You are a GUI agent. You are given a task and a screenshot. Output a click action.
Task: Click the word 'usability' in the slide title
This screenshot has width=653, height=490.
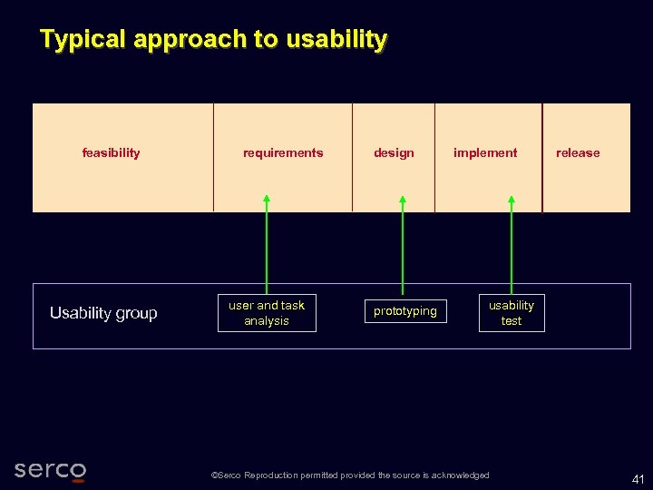[x=336, y=40]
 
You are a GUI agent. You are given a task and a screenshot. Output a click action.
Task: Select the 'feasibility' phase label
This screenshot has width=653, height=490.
[x=111, y=153]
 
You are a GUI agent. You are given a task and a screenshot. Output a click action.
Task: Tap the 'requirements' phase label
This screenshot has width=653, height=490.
[x=283, y=153]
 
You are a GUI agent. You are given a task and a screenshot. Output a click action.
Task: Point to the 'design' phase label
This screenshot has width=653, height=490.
[x=394, y=153]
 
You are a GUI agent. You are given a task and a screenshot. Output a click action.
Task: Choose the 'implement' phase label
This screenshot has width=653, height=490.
[x=485, y=153]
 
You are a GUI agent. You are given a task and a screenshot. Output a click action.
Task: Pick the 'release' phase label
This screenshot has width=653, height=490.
[x=578, y=153]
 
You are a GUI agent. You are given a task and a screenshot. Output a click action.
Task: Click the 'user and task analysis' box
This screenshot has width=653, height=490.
[x=267, y=313]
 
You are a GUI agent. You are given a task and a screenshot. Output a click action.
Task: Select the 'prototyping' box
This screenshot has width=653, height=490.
[x=405, y=311]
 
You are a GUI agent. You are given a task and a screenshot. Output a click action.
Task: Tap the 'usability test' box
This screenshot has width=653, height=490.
[x=512, y=313]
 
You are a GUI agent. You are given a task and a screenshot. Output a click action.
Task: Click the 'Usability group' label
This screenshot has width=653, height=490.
[x=103, y=313]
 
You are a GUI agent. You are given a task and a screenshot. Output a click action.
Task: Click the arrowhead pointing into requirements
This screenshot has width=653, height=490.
[x=267, y=200]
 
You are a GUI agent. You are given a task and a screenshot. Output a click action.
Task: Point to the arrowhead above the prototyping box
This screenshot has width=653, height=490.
[x=403, y=200]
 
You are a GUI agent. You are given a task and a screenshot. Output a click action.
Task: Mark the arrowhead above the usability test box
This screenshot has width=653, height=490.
[x=512, y=200]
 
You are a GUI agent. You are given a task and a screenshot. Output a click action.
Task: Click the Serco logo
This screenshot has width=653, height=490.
[x=51, y=470]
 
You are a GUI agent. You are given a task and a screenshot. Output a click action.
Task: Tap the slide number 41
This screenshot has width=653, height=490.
[x=638, y=479]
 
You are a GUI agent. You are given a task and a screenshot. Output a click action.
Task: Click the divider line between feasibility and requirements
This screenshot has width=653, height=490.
[x=214, y=157]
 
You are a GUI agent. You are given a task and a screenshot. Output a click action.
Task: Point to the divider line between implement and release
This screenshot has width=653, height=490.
[x=542, y=157]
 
